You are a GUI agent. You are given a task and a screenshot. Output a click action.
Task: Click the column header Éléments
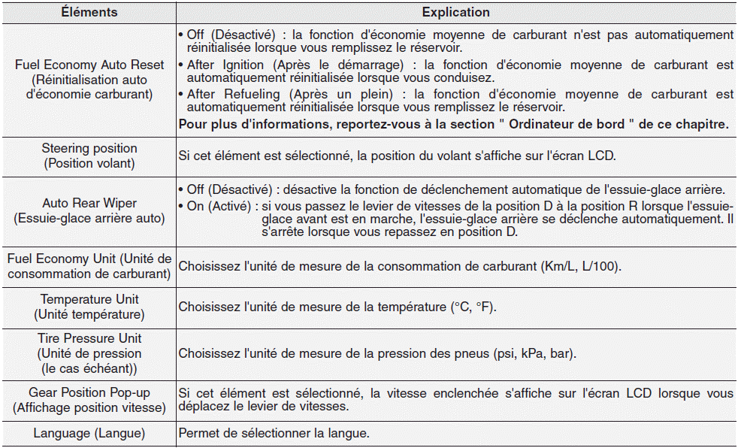(89, 12)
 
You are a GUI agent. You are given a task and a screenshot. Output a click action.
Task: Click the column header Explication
(455, 12)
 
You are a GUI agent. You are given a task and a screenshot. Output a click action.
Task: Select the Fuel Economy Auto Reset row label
(89, 80)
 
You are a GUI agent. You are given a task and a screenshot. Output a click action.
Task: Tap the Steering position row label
(89, 156)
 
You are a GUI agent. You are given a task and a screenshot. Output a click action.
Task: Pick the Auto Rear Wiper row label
(89, 211)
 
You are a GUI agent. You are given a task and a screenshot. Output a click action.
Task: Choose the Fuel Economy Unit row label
(89, 266)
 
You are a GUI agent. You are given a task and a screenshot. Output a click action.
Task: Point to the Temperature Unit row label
(89, 307)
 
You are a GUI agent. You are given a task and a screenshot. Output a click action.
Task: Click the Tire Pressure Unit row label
(89, 353)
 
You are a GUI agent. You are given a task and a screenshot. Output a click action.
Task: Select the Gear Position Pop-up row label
(89, 401)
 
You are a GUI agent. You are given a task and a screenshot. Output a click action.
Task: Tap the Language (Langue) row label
(89, 434)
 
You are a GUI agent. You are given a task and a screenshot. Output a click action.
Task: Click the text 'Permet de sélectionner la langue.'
(274, 434)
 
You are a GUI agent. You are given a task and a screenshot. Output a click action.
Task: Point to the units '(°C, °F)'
(473, 307)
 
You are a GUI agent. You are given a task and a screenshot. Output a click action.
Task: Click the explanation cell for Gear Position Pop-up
(455, 401)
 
